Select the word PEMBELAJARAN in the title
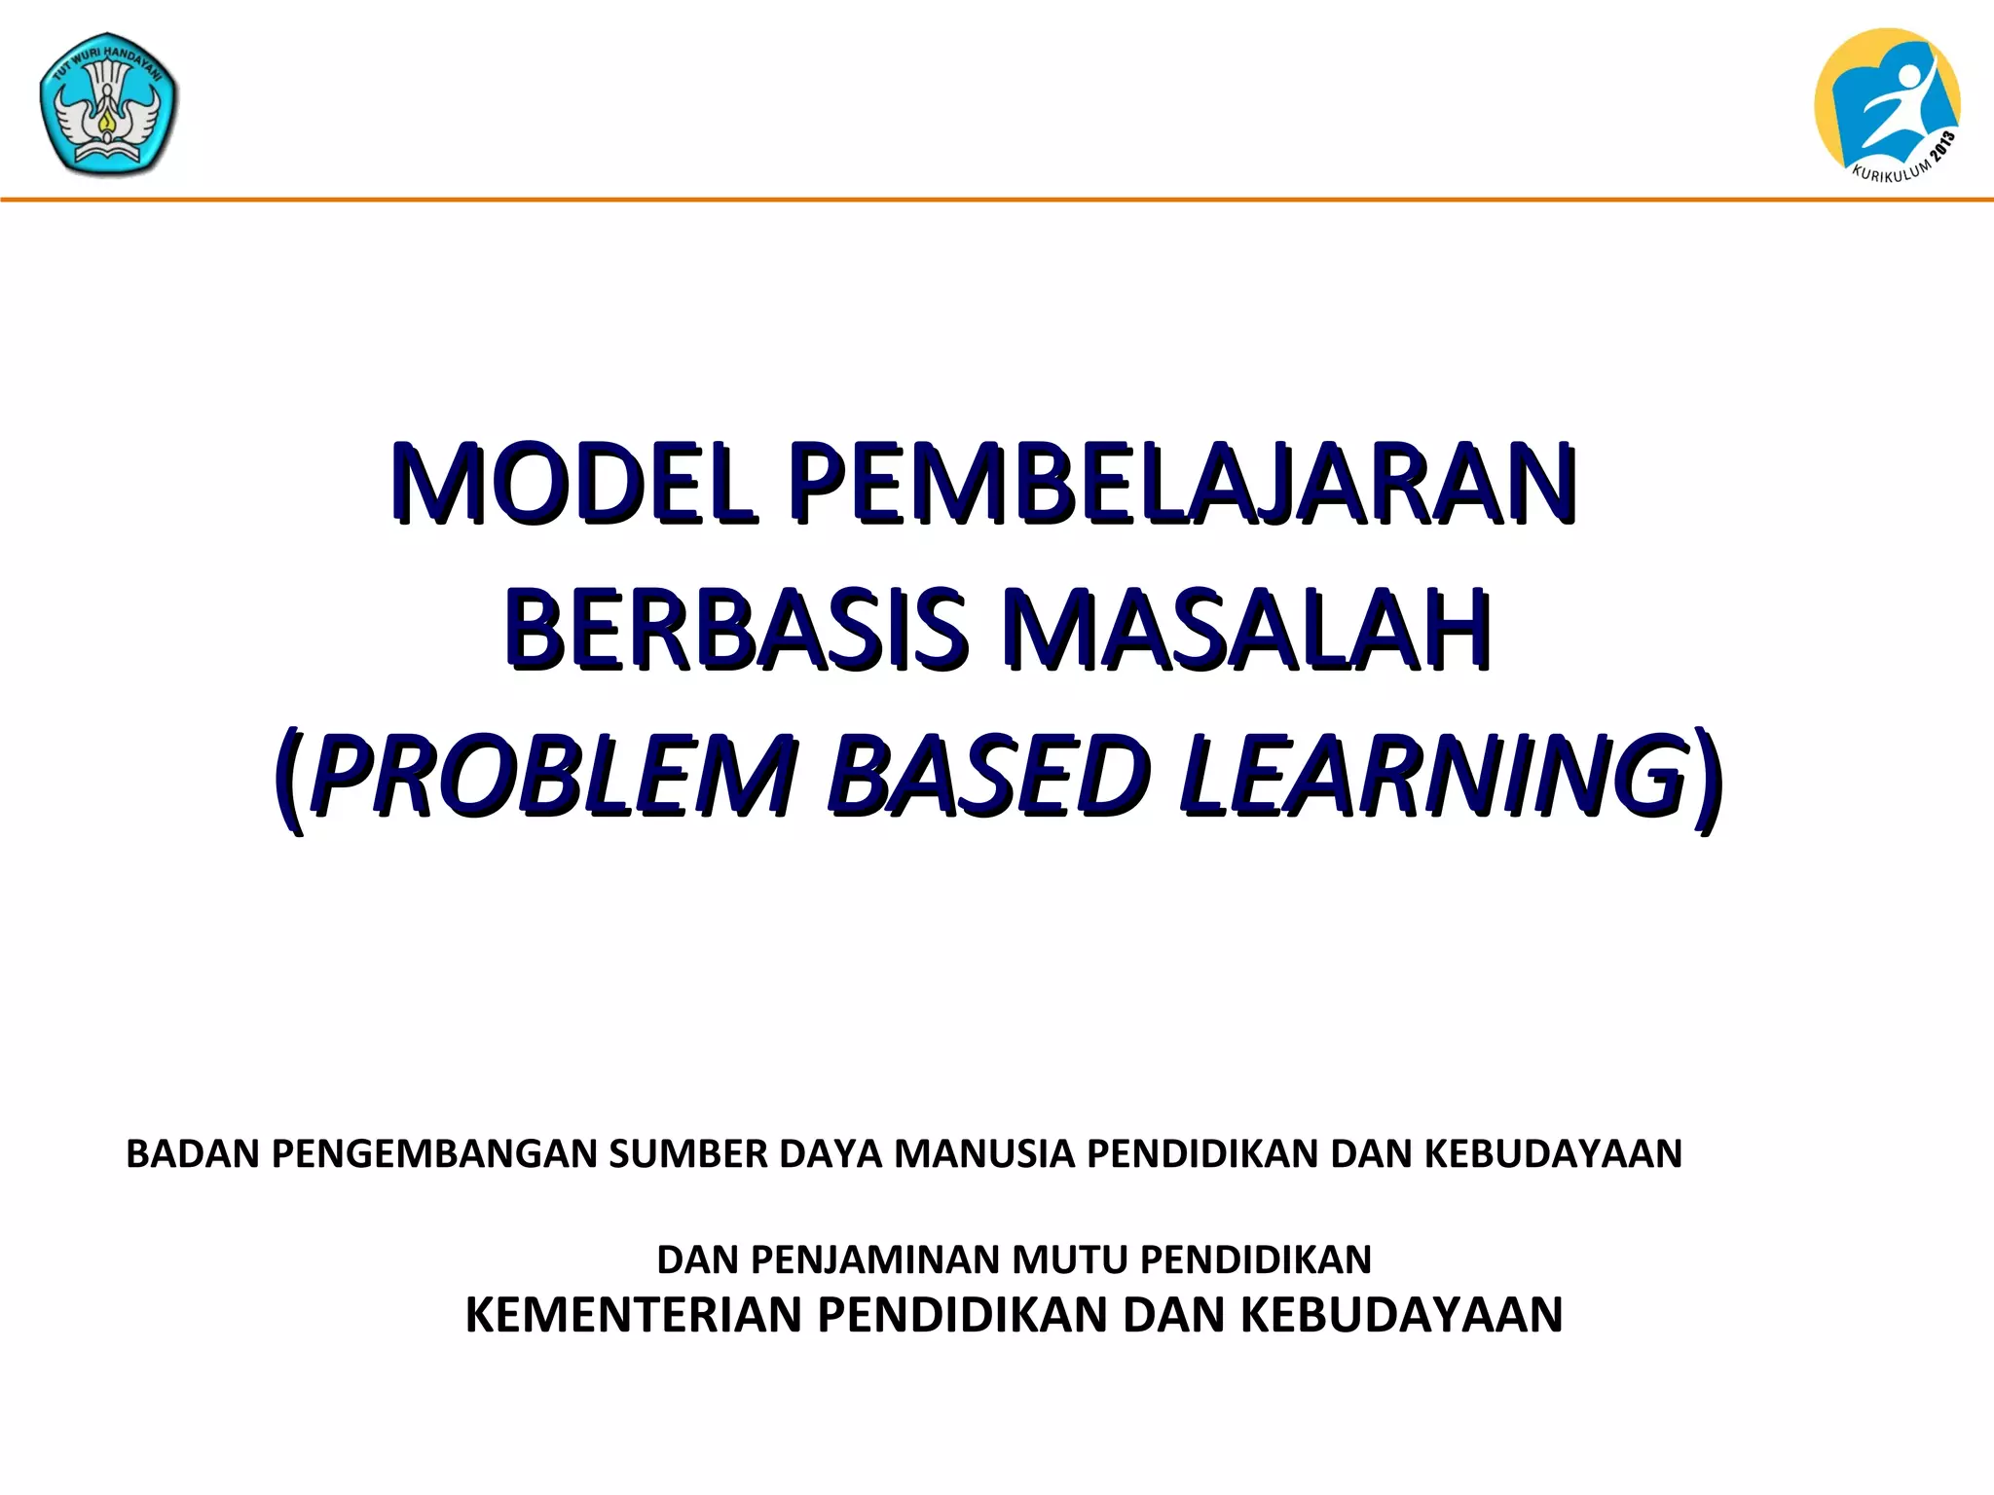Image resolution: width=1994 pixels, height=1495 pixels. click(x=1184, y=483)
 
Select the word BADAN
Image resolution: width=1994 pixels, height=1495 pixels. click(x=193, y=1153)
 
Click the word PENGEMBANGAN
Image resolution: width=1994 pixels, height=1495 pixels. click(x=434, y=1153)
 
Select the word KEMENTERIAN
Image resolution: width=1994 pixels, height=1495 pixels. click(x=637, y=1315)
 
